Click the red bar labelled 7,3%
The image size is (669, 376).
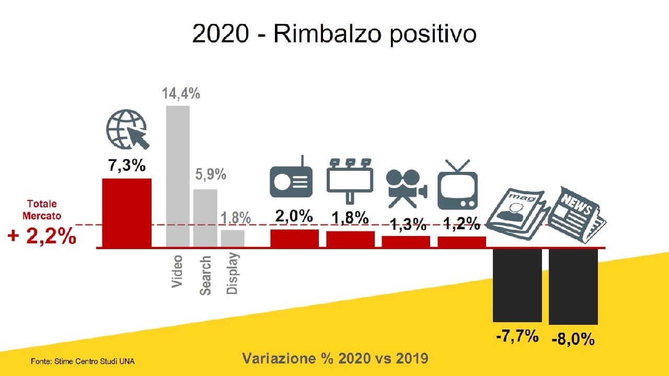pos(126,213)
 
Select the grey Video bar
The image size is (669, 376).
pos(178,177)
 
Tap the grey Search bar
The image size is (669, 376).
pos(205,218)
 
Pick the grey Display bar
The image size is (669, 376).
pos(233,239)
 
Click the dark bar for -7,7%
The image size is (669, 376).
pos(517,285)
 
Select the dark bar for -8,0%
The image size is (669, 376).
pos(573,287)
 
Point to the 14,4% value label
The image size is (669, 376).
pos(181,93)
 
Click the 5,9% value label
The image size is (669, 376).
pos(211,174)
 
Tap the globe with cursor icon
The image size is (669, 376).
pos(128,129)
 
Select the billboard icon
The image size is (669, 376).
pos(350,181)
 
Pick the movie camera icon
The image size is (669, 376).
pos(407,189)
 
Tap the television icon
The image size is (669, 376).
pos(457,185)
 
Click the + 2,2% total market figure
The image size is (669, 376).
pos(42,236)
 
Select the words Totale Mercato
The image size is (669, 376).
pos(42,210)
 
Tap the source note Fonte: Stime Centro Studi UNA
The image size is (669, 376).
pos(83,361)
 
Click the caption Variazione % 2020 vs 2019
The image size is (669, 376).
pos(335,358)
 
